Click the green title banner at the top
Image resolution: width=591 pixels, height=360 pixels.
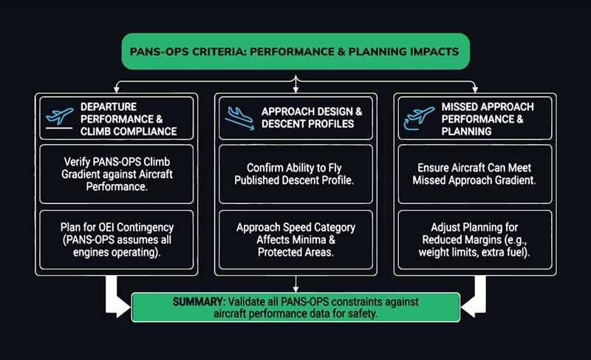[295, 52]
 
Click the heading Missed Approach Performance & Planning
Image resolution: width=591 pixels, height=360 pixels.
[491, 118]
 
